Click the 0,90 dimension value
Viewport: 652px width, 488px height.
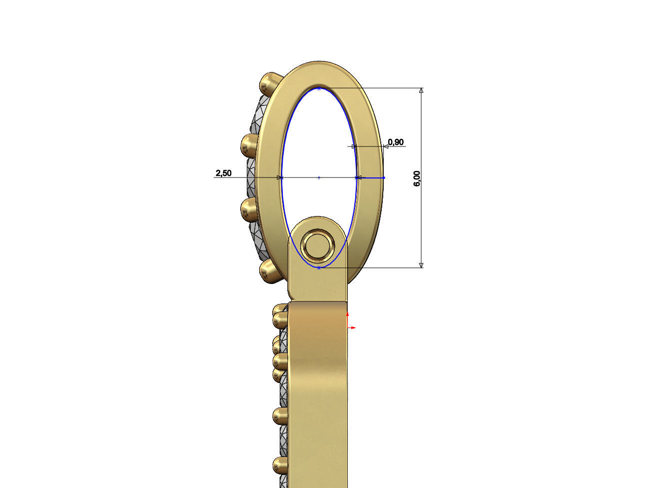(395, 142)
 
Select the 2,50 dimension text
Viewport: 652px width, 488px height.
(223, 173)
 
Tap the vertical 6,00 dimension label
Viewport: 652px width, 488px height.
(417, 178)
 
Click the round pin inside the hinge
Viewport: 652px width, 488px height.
(318, 246)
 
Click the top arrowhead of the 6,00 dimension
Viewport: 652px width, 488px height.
(421, 91)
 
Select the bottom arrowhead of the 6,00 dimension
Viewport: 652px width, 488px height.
(421, 264)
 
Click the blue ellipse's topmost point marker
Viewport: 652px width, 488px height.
(319, 88)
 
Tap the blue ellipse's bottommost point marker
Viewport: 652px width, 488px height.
(319, 268)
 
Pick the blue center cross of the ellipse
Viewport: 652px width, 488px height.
(319, 177)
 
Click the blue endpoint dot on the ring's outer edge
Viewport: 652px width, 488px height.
(384, 177)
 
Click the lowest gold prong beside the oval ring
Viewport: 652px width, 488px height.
(270, 271)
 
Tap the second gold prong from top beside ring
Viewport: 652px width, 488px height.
(249, 145)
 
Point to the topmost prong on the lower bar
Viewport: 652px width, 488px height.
(280, 317)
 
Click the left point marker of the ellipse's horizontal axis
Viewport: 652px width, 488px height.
(281, 177)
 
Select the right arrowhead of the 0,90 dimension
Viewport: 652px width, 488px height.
(385, 146)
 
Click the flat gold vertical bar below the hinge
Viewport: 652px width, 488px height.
(318, 390)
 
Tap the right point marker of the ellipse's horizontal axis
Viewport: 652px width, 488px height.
(357, 177)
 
